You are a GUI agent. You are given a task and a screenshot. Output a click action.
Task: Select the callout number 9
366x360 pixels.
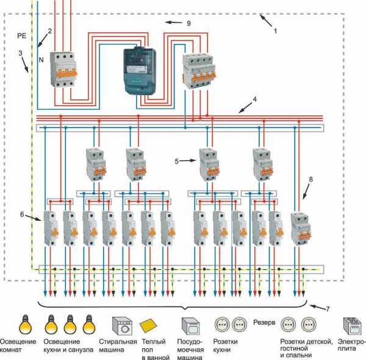pyautogui.click(x=189, y=23)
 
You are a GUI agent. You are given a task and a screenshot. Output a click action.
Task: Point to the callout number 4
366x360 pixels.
pyautogui.click(x=254, y=99)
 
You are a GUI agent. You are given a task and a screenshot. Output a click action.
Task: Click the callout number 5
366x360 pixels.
pyautogui.click(x=176, y=162)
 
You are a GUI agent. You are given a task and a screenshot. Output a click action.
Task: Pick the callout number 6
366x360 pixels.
pyautogui.click(x=23, y=214)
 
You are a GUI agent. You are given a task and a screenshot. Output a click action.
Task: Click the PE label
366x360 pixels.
pyautogui.click(x=19, y=37)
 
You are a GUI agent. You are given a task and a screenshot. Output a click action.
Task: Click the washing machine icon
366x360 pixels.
pyautogui.click(x=122, y=325)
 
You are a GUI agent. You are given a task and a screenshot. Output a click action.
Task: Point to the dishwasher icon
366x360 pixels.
pyautogui.click(x=188, y=325)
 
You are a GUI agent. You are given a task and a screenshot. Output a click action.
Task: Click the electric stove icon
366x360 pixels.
pyautogui.click(x=350, y=325)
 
